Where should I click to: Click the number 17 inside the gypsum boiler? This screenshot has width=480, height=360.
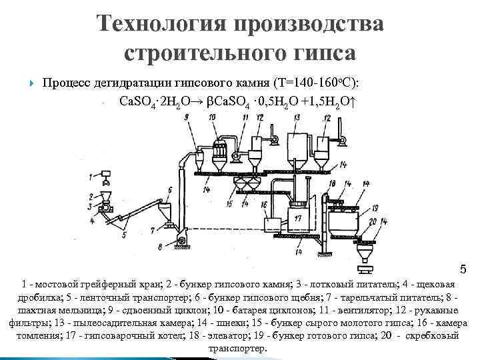tap(298, 218)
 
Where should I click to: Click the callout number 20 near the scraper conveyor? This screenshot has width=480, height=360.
tap(373, 221)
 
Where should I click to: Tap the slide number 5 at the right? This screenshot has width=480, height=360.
tap(464, 270)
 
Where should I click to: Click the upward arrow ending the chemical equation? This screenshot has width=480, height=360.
tap(354, 104)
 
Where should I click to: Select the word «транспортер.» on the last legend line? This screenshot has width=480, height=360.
tap(238, 348)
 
